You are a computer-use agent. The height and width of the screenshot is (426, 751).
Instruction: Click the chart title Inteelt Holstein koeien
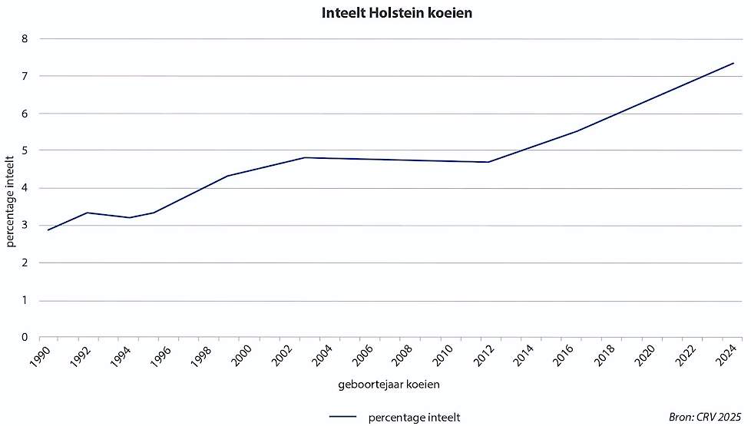point(375,14)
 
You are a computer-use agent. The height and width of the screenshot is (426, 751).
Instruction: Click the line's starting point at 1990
point(48,230)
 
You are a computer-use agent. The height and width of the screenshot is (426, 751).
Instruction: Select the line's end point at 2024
point(734,63)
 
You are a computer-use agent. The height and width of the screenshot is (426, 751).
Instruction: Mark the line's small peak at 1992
point(89,213)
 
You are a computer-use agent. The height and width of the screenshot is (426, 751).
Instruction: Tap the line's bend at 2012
point(488,162)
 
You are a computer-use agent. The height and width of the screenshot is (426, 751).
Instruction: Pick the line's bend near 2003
point(305,157)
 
